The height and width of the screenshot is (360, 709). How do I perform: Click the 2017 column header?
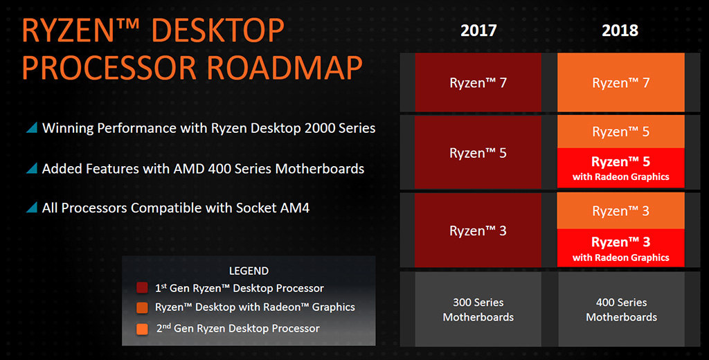(478, 30)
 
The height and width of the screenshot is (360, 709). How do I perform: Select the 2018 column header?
(620, 30)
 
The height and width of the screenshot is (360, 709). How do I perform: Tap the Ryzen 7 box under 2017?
(478, 82)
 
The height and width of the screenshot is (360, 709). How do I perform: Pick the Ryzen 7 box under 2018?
(621, 82)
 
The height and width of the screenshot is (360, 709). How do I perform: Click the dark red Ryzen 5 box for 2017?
(478, 152)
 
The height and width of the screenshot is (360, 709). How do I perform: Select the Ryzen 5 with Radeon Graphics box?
(621, 168)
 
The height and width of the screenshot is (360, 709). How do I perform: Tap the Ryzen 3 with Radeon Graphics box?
(621, 249)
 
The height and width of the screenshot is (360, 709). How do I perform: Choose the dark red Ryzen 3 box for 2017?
(478, 231)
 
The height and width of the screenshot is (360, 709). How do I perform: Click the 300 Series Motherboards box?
(478, 309)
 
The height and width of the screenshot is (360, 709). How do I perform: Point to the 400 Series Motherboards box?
(622, 309)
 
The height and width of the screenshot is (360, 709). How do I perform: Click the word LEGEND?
(249, 271)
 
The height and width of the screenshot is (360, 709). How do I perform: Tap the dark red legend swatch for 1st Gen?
(142, 288)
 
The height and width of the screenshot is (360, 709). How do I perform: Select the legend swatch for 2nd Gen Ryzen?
(142, 329)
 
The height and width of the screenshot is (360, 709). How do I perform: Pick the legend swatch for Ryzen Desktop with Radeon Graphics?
(142, 307)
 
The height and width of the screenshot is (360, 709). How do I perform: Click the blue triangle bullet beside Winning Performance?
(32, 128)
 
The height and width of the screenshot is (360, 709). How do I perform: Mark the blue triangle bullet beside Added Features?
(32, 168)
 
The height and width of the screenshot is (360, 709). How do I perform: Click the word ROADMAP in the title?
(285, 68)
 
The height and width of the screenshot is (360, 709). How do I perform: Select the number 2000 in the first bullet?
(321, 128)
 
